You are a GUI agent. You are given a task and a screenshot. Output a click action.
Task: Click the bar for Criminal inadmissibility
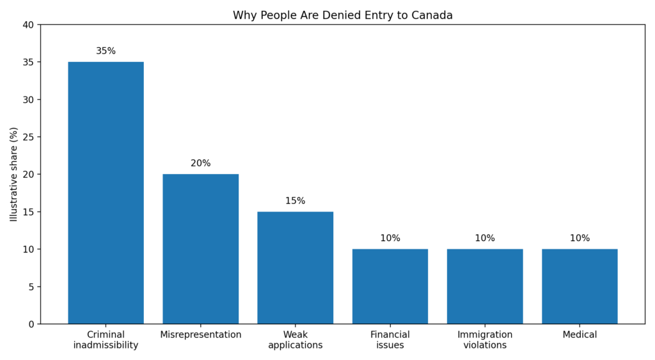[106, 192]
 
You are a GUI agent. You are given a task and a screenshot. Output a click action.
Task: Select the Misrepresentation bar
[200, 249]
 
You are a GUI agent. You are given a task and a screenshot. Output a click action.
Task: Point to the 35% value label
[106, 51]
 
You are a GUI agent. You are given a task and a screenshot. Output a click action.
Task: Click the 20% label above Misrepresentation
[200, 163]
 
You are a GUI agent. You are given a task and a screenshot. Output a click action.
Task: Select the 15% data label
[295, 201]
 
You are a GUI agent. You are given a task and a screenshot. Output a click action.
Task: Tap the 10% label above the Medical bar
[580, 238]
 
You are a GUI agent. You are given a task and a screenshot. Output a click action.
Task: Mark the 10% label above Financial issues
[390, 238]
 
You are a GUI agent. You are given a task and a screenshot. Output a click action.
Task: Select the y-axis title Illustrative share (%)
[14, 174]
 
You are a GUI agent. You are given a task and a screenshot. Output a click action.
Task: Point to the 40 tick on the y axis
[28, 25]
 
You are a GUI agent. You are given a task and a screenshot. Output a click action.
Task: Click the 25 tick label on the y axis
[28, 137]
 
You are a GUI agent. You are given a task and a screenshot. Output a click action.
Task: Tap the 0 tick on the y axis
[31, 324]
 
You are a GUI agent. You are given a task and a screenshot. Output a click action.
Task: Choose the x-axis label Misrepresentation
[200, 335]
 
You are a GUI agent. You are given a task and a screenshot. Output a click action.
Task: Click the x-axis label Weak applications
[295, 340]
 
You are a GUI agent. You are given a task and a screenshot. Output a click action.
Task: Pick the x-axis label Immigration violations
[484, 340]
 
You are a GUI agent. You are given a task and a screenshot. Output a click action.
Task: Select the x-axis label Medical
[580, 335]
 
